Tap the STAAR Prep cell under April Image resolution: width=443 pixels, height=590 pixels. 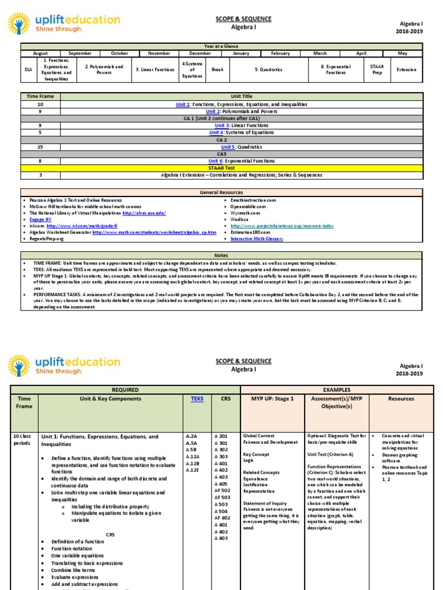pos(377,69)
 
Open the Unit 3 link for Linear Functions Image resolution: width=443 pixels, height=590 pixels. pos(222,125)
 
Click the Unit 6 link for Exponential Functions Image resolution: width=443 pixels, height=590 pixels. pos(216,161)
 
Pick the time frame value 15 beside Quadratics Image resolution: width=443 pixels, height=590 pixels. pos(40,146)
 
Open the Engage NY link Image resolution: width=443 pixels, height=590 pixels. pos(36,220)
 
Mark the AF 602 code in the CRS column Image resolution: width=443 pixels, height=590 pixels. pos(221,517)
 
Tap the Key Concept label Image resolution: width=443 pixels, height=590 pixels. pos(256,454)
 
